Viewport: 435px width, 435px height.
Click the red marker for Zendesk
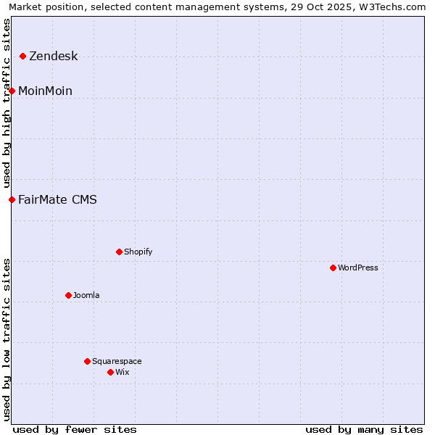(x=23, y=56)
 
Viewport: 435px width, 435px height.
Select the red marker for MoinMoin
(x=12, y=91)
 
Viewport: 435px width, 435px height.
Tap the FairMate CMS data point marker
(x=12, y=199)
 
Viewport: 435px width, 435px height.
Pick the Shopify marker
(x=119, y=252)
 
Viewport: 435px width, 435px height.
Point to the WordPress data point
(x=333, y=268)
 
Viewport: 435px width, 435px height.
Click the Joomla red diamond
(x=68, y=295)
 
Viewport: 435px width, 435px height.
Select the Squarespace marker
(x=87, y=361)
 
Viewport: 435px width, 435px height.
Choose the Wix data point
(x=110, y=372)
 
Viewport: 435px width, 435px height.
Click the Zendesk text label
(x=53, y=57)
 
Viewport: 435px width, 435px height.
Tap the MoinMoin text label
(x=45, y=91)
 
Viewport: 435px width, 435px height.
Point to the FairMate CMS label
(x=57, y=200)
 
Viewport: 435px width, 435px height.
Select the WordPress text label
(x=358, y=268)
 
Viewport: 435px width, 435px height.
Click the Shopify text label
(x=138, y=252)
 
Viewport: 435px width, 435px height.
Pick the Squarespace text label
(x=117, y=362)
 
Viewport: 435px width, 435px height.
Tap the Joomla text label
(x=86, y=296)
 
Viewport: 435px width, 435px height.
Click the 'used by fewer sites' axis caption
(x=75, y=429)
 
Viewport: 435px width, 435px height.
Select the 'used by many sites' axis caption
(x=364, y=429)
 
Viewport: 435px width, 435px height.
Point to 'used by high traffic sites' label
(x=7, y=104)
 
